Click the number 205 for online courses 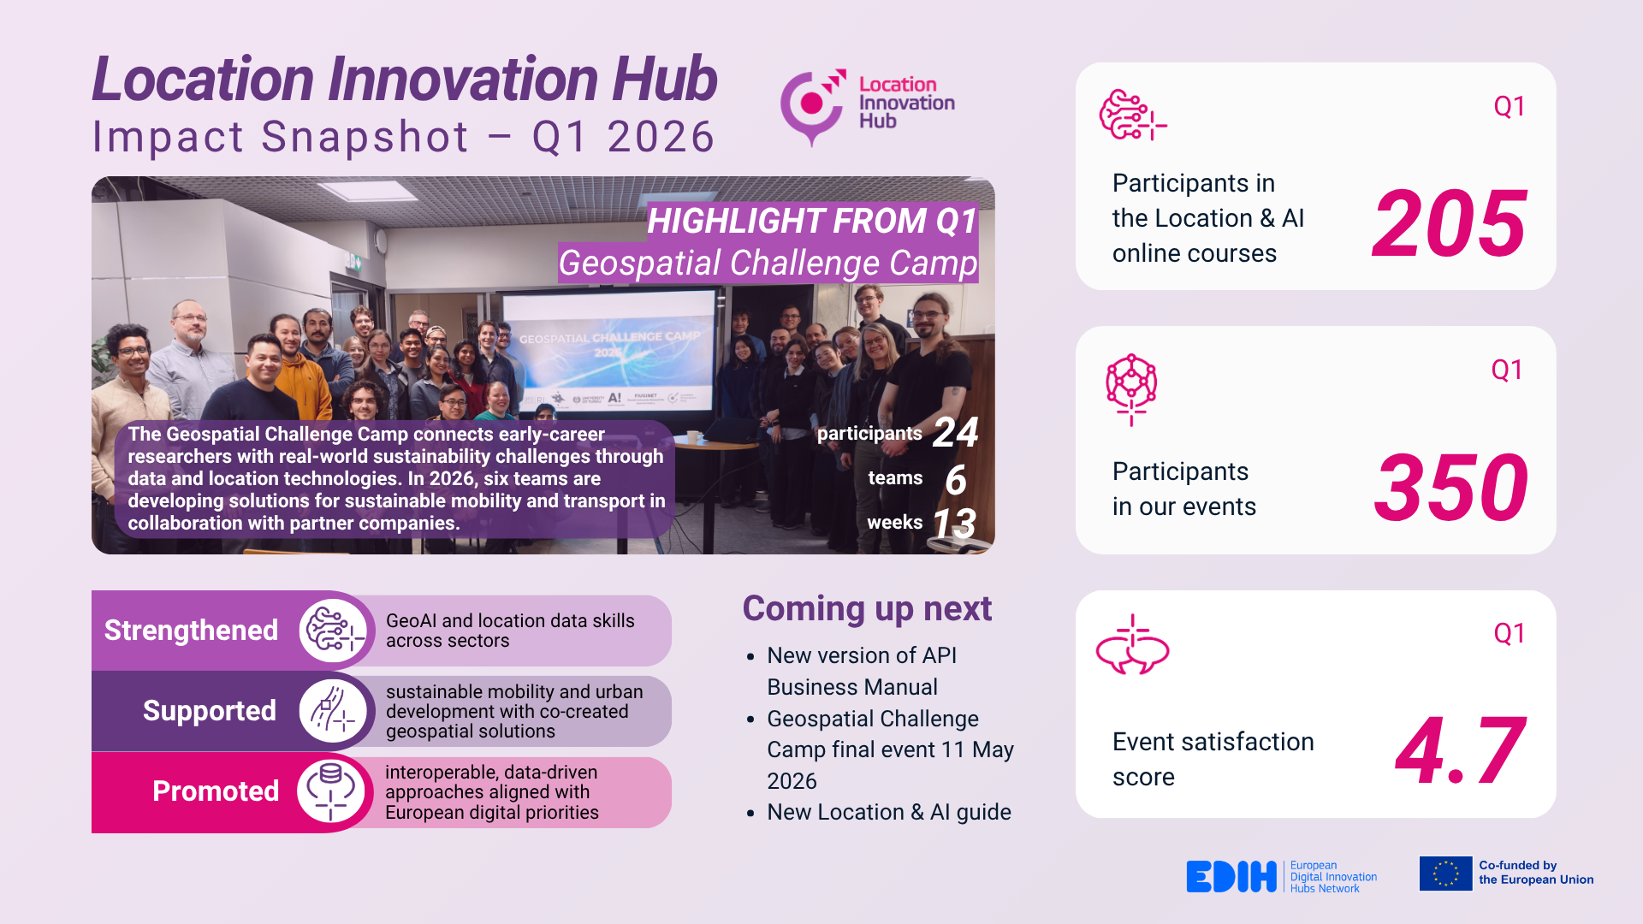point(1449,224)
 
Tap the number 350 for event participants point(1450,489)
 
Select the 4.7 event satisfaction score point(1460,751)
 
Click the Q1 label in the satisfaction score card point(1509,634)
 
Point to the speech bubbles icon point(1132,646)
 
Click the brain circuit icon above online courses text point(1131,115)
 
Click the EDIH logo point(1231,877)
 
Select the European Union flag point(1445,874)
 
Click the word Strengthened point(191,631)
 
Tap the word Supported point(209,711)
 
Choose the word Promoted point(215,791)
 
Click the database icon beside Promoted point(331,791)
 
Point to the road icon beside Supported point(332,711)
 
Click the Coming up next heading point(866,609)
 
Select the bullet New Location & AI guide point(888,812)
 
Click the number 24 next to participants point(955,433)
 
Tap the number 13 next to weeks point(953,524)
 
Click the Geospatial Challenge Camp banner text point(768,264)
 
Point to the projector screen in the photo point(609,351)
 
